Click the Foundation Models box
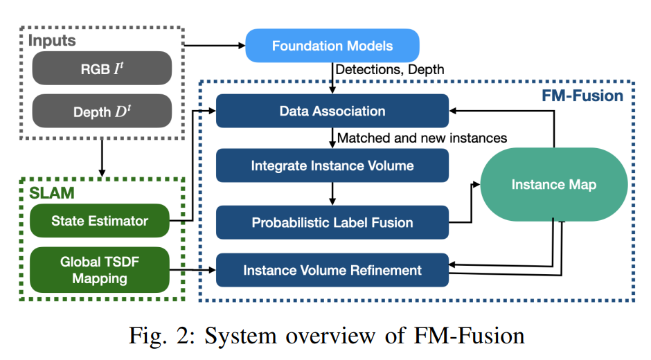(x=332, y=46)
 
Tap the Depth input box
(x=101, y=111)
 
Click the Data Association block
(x=332, y=111)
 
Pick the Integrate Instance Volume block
(x=332, y=166)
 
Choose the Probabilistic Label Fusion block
(x=332, y=222)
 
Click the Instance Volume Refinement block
(x=332, y=270)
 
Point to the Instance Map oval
(x=553, y=184)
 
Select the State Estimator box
(x=100, y=221)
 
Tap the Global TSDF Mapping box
(x=100, y=270)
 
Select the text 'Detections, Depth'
(x=389, y=69)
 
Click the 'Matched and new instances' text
(x=422, y=138)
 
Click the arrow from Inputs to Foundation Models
(x=215, y=46)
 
